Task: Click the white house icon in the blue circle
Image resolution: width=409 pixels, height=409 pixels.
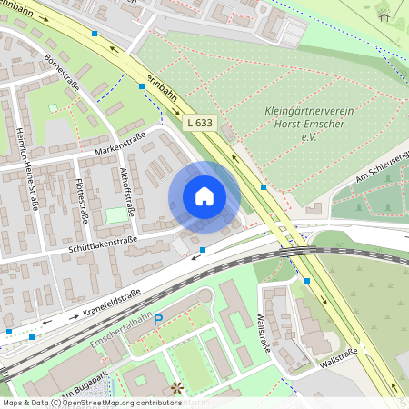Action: (204, 196)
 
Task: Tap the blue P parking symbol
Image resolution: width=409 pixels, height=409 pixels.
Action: (158, 320)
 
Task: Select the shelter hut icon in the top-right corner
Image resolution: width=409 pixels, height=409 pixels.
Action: (384, 15)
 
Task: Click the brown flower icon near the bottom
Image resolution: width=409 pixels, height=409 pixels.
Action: (176, 388)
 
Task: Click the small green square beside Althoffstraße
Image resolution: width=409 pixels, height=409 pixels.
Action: (115, 215)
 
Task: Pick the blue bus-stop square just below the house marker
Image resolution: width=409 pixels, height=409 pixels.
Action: (203, 249)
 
